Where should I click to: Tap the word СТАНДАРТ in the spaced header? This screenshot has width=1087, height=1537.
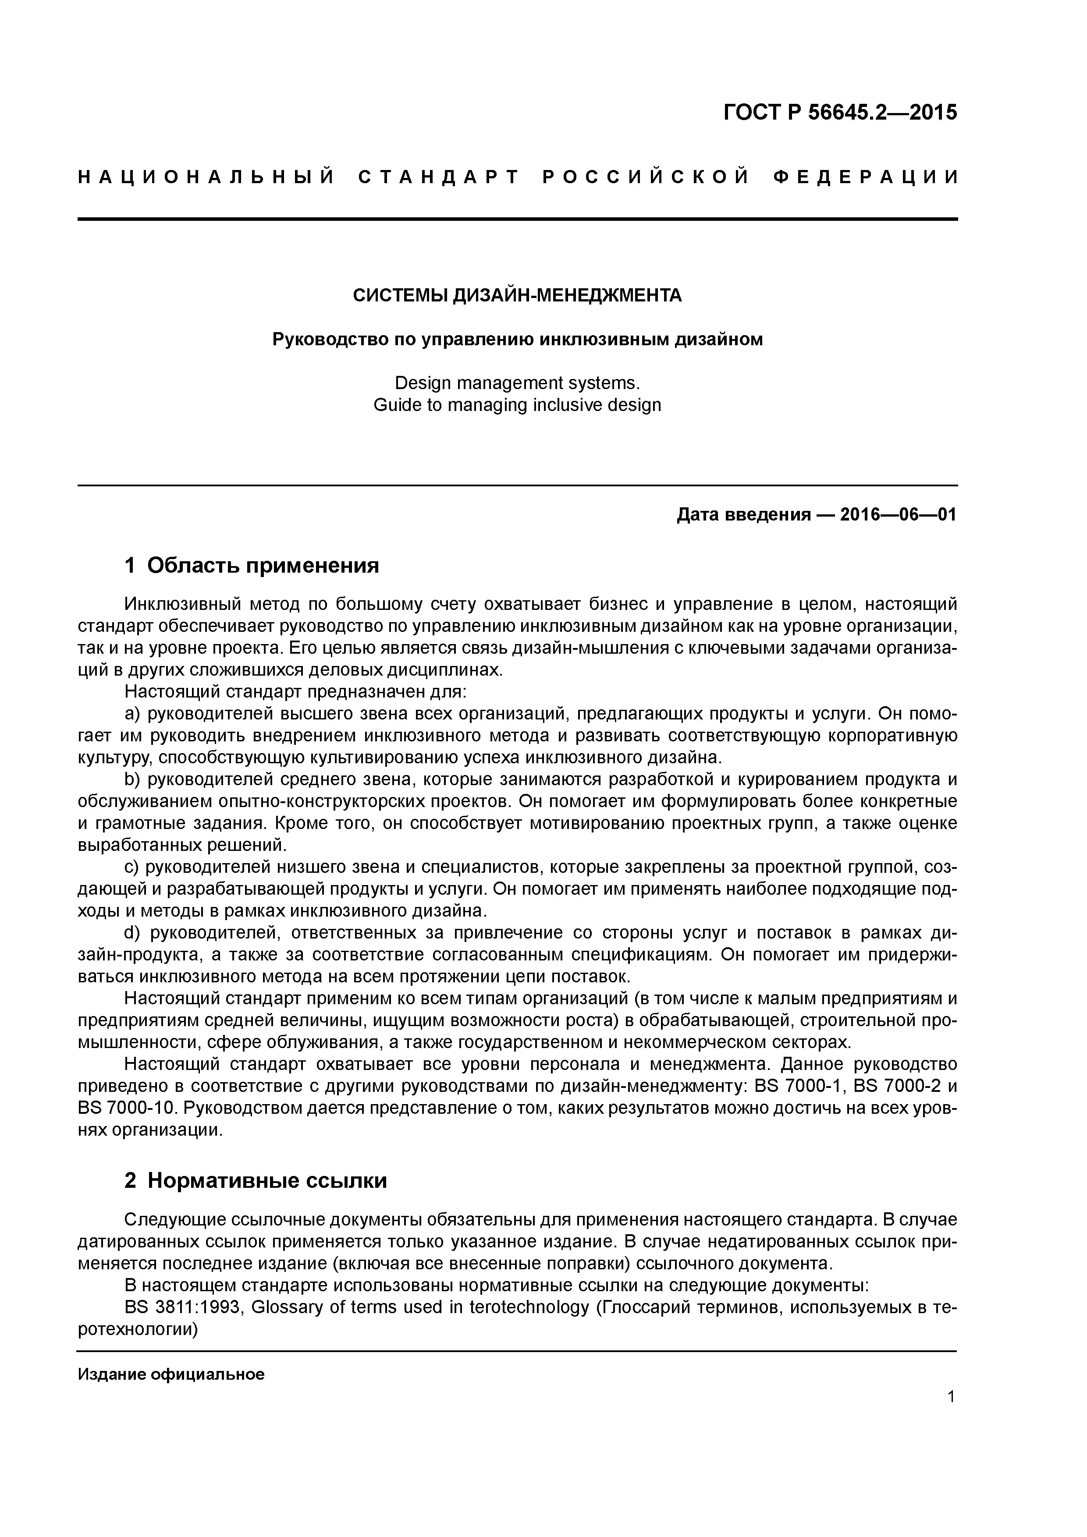coord(439,177)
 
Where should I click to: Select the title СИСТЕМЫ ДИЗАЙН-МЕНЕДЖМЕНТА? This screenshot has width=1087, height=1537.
coord(517,295)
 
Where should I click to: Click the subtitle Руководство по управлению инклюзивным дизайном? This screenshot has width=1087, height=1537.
coord(517,340)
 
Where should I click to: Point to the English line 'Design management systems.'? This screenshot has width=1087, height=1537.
coord(517,383)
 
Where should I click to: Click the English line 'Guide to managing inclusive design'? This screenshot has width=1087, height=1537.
coord(517,405)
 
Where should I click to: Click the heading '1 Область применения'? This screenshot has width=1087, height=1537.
coord(252,566)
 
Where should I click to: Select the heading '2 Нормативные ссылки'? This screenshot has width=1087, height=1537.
coord(256,1180)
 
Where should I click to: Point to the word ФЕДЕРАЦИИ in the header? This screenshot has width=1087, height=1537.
coord(865,177)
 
